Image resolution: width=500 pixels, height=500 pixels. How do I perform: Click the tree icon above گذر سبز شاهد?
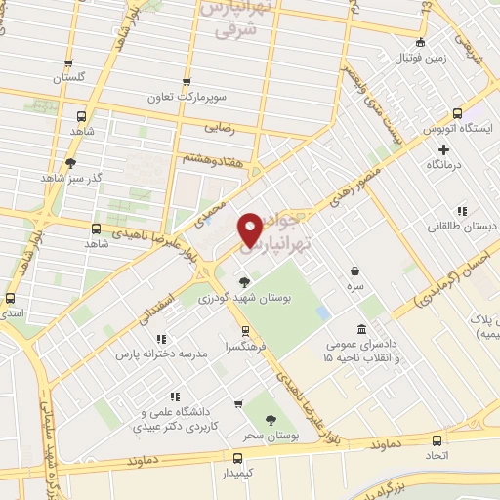pyautogui.click(x=70, y=163)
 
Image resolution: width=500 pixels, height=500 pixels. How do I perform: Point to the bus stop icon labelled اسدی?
pyautogui.click(x=11, y=298)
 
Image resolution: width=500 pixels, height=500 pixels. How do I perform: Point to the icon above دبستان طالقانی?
pyautogui.click(x=461, y=211)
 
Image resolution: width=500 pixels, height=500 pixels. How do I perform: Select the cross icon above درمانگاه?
pyautogui.click(x=443, y=150)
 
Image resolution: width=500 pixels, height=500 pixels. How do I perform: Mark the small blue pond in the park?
pyautogui.click(x=322, y=313)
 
